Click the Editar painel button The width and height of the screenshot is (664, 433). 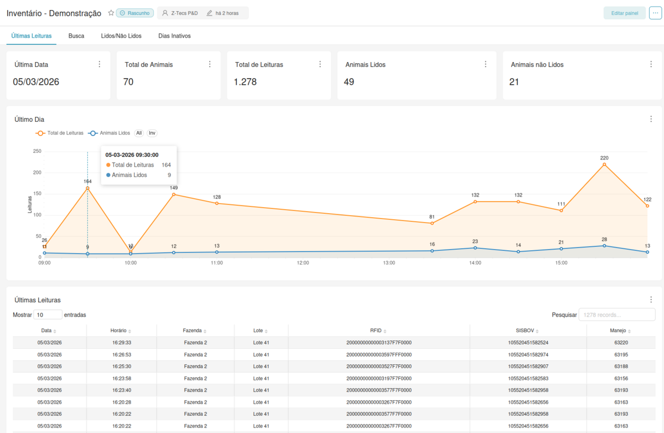tap(624, 13)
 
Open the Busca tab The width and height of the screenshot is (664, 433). tap(76, 36)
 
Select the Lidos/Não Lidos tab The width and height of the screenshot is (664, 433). tap(121, 36)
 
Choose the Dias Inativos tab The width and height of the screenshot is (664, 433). tap(174, 36)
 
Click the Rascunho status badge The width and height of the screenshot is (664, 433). tap(134, 13)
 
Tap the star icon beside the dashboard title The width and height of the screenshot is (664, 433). tap(111, 13)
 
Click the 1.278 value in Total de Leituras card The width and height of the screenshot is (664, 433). tap(245, 82)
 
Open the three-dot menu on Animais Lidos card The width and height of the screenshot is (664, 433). tap(485, 64)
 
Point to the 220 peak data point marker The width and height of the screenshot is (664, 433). tap(604, 164)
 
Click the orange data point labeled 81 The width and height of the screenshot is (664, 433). tap(432, 223)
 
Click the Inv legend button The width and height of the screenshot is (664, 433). tap(152, 133)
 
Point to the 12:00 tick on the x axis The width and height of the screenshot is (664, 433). tap(303, 263)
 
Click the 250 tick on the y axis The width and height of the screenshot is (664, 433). tap(37, 151)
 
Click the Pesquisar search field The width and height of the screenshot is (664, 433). tap(616, 315)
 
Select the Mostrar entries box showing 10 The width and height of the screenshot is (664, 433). tap(48, 315)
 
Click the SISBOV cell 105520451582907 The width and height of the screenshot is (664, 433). tap(528, 367)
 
